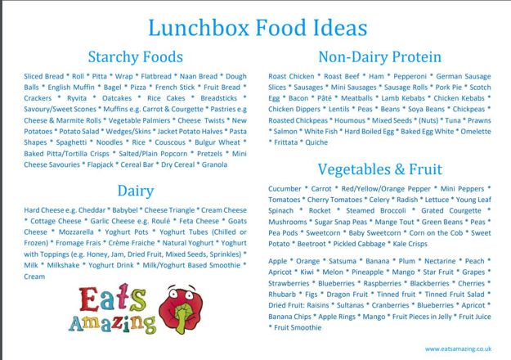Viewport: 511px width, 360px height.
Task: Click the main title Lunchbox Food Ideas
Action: [x=258, y=28]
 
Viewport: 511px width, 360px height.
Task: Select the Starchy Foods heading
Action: [x=135, y=57]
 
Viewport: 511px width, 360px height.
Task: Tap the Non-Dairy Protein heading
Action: [x=379, y=57]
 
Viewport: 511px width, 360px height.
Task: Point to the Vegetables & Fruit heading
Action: [x=380, y=169]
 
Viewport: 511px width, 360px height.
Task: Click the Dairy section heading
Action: [x=136, y=191]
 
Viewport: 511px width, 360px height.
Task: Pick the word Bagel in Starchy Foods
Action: [x=113, y=88]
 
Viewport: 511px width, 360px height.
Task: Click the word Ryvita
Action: [x=77, y=98]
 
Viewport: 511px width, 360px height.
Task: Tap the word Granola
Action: [x=214, y=164]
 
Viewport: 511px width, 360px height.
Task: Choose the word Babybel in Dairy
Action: [x=125, y=210]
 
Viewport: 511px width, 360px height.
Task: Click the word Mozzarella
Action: [x=76, y=232]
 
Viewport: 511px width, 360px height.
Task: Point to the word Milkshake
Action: [x=63, y=265]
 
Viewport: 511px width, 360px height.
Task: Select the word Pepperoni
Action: [x=410, y=77]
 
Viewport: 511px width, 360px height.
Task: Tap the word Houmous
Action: [x=350, y=120]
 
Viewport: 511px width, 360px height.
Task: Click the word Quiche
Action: [x=316, y=142]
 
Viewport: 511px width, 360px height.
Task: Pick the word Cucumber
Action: [x=285, y=189]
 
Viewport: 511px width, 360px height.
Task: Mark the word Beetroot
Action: [x=312, y=244]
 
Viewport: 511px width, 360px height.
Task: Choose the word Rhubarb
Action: [x=282, y=295]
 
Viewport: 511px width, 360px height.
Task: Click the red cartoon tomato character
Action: [x=181, y=309]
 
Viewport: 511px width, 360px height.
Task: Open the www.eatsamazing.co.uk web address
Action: [x=458, y=349]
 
